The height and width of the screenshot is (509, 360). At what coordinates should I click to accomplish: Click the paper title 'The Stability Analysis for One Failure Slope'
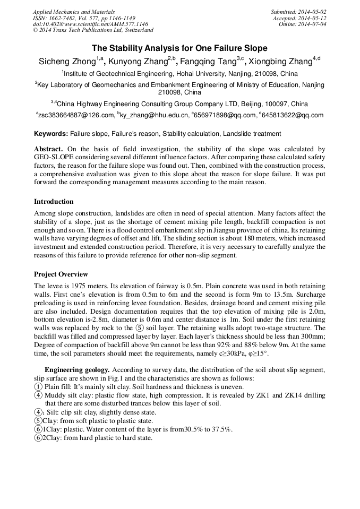pos(179,48)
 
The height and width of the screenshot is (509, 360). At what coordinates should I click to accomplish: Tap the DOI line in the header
pos(90,24)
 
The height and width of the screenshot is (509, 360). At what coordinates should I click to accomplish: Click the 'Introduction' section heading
pos(54,202)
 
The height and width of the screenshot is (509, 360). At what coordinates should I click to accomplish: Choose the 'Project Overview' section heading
pos(61,274)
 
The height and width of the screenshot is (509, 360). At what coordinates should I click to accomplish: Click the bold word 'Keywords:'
pos(51,134)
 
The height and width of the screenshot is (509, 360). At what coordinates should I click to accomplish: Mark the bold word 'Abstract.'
pos(48,150)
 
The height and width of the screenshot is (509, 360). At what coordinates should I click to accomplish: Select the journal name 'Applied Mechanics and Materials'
pos(74,12)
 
